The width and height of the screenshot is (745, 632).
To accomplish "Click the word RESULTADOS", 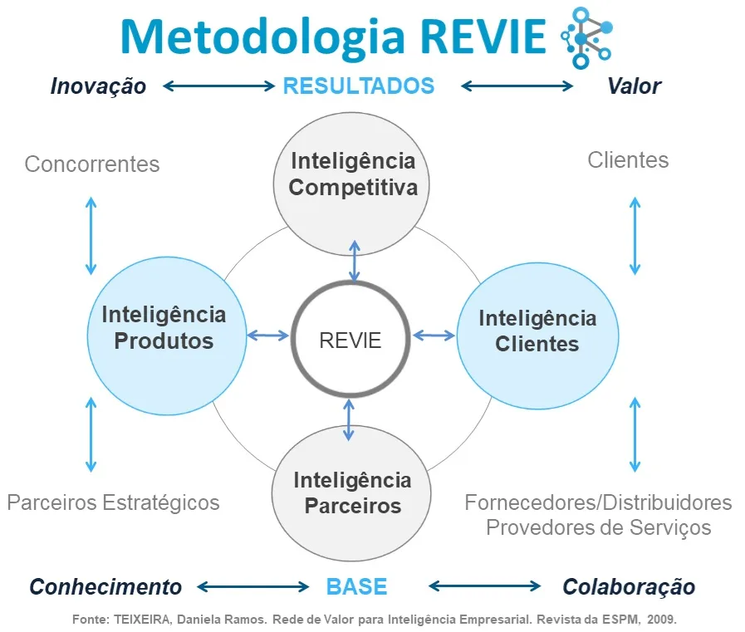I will click(359, 86).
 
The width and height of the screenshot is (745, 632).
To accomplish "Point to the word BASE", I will click(356, 587).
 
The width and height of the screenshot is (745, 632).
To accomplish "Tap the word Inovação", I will click(98, 86).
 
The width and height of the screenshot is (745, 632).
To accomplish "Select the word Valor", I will click(634, 86).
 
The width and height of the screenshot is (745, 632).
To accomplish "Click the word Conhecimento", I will click(105, 587).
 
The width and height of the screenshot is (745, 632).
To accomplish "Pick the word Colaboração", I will click(629, 587).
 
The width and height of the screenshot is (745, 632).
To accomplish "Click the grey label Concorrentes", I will click(91, 164).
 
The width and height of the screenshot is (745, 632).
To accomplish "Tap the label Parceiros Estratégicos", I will click(113, 502).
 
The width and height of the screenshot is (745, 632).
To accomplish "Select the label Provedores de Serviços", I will click(598, 527).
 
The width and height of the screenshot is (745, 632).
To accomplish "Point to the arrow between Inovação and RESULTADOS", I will click(218, 86).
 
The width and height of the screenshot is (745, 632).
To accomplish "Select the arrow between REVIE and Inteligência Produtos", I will click(267, 336).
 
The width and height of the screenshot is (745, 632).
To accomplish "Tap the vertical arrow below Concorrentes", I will click(91, 237).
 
